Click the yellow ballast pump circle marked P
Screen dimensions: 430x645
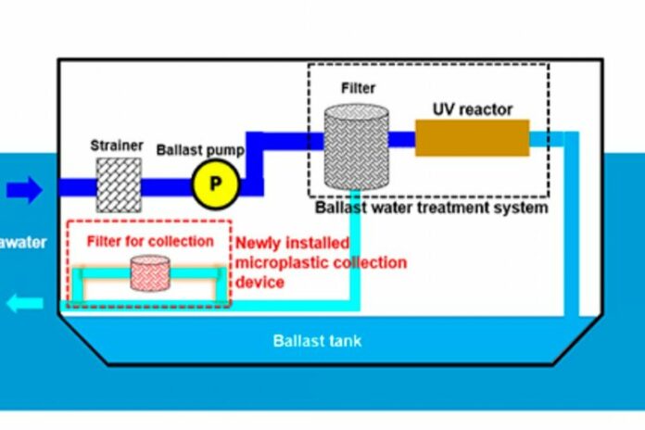coord(215,183)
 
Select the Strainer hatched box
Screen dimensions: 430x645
coord(119,183)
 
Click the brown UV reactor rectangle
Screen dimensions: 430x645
coord(472,137)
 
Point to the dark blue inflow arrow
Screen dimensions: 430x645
coord(25,190)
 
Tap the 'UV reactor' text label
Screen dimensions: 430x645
coord(472,109)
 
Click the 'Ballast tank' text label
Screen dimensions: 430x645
coord(317,340)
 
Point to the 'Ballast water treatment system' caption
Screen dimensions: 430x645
coord(431,208)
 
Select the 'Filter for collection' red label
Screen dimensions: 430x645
coord(150,241)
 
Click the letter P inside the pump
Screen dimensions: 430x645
coord(215,183)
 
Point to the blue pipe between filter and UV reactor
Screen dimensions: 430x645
coord(401,139)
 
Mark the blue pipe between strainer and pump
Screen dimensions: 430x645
coord(167,185)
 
